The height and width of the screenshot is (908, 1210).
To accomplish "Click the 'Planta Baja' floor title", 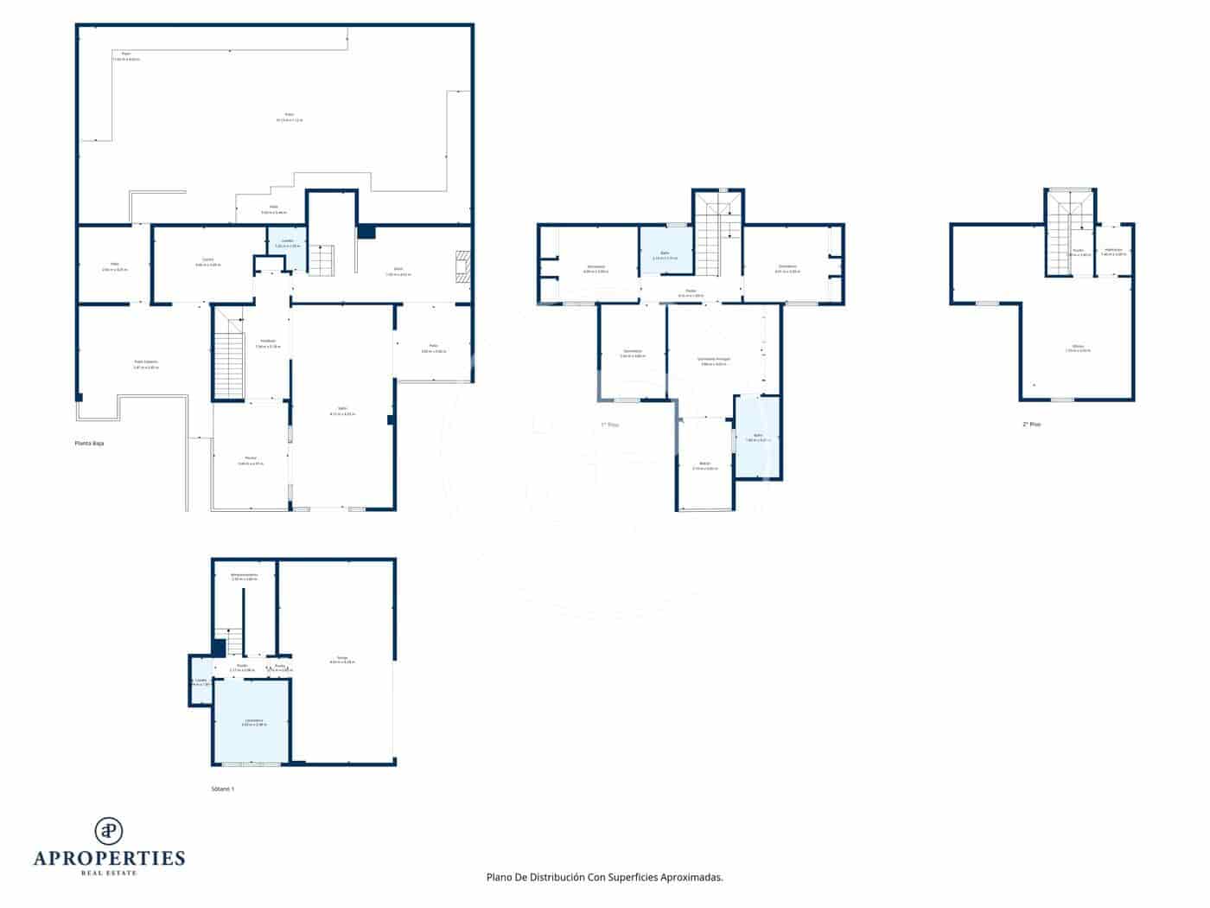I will tap(89, 443).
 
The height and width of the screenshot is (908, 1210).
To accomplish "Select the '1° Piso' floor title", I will tap(610, 425).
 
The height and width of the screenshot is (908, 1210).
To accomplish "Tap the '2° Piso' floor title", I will tap(1031, 425).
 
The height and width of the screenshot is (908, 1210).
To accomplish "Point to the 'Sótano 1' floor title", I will tap(223, 789).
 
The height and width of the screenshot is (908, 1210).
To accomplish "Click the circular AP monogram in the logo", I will tap(109, 831).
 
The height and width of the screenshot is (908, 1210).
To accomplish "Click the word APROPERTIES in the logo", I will tap(109, 859).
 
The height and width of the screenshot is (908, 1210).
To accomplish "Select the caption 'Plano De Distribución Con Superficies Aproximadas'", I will tap(604, 877).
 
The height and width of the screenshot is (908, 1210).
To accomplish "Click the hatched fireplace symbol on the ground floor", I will tap(464, 267).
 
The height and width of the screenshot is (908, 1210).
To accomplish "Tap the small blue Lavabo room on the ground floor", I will tap(287, 246).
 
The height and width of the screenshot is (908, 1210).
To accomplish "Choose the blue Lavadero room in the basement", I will tap(252, 721).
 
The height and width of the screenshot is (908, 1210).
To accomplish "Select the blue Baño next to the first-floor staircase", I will tap(665, 250).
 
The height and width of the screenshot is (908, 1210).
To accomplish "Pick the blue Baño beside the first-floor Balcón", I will tap(757, 438).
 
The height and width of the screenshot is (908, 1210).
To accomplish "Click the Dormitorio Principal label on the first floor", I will tap(714, 360).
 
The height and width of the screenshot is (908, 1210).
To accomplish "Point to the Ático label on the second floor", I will tap(1078, 348).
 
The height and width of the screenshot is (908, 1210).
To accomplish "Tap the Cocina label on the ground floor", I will tap(208, 261).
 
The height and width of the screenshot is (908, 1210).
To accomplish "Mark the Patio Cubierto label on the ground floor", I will tap(145, 364).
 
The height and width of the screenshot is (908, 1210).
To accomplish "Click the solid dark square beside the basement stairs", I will tap(219, 648).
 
